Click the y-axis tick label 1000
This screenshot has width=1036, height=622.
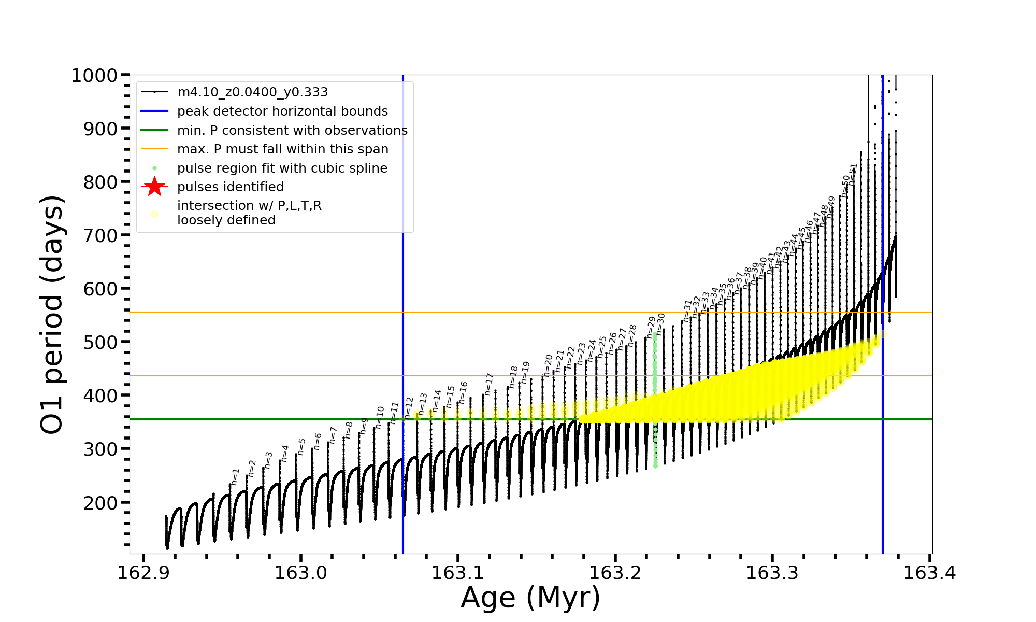pyautogui.click(x=94, y=76)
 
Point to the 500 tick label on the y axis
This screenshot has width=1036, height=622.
pyautogui.click(x=100, y=342)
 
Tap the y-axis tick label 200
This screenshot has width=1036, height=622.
pyautogui.click(x=100, y=503)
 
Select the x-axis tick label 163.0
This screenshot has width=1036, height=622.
pyautogui.click(x=300, y=573)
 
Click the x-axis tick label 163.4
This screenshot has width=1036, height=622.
pyautogui.click(x=930, y=573)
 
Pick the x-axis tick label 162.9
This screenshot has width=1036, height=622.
pyautogui.click(x=143, y=573)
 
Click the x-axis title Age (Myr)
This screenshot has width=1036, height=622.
pyautogui.click(x=530, y=598)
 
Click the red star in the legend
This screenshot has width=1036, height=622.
pyautogui.click(x=154, y=187)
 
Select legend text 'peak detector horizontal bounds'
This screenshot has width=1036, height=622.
pyautogui.click(x=282, y=111)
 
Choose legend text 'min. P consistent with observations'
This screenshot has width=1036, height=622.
pyautogui.click(x=292, y=131)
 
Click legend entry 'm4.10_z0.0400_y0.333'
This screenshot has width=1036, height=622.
pyautogui.click(x=252, y=92)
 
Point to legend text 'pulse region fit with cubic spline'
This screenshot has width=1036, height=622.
pyautogui.click(x=282, y=168)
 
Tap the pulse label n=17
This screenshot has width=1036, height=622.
pyautogui.click(x=488, y=384)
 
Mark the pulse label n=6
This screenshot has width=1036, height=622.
pyautogui.click(x=318, y=441)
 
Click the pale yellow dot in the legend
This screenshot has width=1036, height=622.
pyautogui.click(x=154, y=214)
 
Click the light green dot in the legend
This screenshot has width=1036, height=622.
pyautogui.click(x=154, y=168)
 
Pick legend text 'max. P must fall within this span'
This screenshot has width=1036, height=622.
pyautogui.click(x=282, y=149)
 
